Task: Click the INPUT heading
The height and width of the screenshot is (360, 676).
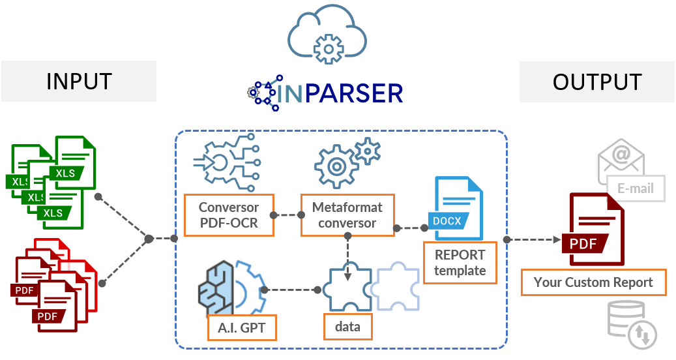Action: point(79,82)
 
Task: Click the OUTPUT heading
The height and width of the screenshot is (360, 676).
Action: point(597,82)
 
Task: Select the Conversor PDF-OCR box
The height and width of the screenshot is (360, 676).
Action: point(229,215)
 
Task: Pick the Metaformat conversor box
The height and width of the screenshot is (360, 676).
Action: point(347,215)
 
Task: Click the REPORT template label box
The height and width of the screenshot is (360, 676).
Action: point(460,262)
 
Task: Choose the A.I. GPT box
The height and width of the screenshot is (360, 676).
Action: point(241,327)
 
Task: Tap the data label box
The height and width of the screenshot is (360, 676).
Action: point(347,327)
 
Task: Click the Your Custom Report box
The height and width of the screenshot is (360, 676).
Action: point(593,282)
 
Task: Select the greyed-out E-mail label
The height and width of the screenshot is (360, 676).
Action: point(636,188)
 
